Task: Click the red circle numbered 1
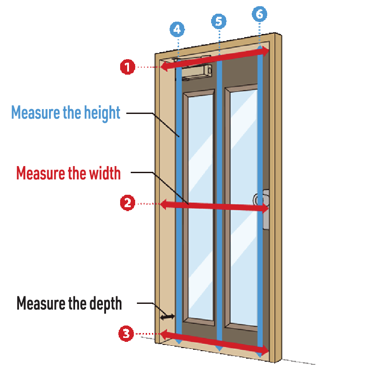tap(127, 67)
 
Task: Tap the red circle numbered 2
tap(127, 203)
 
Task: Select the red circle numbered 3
tap(127, 333)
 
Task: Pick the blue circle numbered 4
tap(177, 30)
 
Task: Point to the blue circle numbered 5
tap(219, 20)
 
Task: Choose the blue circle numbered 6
tap(259, 14)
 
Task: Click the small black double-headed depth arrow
tap(167, 317)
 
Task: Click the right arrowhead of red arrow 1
tap(266, 52)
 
